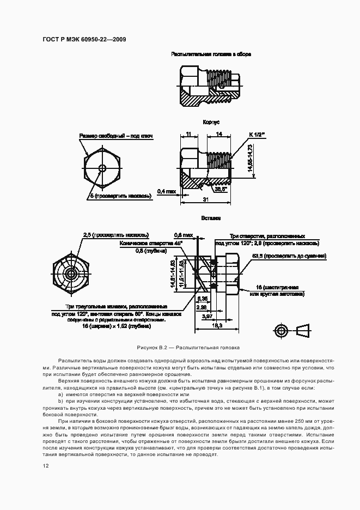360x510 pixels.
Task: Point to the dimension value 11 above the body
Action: pos(188,134)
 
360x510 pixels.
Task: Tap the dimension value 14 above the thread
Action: pos(218,134)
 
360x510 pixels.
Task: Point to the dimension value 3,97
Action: pos(206,317)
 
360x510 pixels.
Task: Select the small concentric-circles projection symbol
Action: pos(282,331)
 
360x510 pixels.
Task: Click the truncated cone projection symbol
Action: pos(303,331)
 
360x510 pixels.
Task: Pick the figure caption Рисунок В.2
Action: pos(188,347)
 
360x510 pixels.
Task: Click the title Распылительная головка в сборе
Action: pos(211,54)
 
